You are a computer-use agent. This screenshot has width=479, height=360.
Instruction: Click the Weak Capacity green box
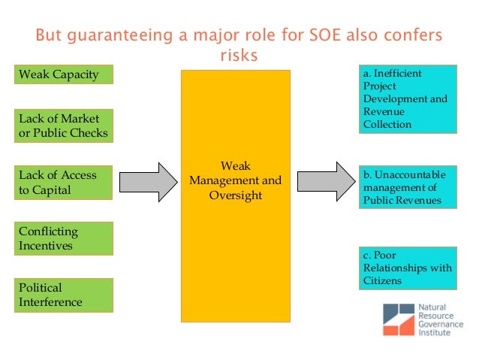64,74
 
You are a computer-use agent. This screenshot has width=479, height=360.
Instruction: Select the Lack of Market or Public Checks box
64,126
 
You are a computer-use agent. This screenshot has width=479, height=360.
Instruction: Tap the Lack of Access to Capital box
64,182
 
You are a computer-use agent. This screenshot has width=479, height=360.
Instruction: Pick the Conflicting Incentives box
64,238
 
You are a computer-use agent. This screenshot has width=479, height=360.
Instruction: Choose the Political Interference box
64,295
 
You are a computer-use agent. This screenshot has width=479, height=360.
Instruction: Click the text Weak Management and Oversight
235,180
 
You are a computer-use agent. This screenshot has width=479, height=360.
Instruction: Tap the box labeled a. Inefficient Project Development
406,98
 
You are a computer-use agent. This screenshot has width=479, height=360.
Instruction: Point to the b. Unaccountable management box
406,187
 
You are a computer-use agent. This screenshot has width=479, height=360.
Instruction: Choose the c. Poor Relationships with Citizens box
406,268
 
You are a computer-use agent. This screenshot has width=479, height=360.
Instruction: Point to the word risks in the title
239,56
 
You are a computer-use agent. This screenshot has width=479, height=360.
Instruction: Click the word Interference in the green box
50,302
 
